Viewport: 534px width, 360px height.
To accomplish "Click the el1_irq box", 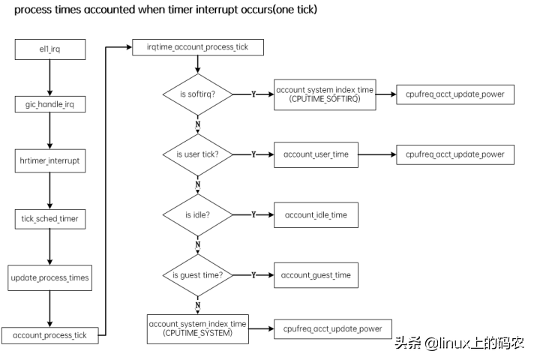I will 49,50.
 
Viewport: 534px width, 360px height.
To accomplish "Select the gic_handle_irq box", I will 49,105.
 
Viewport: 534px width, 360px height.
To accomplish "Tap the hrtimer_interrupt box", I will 49,160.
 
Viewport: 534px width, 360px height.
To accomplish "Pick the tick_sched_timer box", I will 49,218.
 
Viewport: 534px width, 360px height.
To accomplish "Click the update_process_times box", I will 49,277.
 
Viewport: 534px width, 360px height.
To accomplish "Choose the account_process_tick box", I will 49,335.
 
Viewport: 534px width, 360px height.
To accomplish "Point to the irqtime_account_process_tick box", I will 198,47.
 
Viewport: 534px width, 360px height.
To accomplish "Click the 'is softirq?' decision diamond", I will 197,94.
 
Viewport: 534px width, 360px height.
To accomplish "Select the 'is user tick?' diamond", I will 197,154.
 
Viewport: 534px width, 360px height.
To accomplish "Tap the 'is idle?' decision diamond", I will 197,214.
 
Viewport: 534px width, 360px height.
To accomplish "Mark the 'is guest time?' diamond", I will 197,274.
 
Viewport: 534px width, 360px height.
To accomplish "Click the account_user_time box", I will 315,154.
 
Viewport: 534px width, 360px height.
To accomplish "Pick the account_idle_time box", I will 316,214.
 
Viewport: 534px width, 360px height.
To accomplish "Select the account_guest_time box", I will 316,275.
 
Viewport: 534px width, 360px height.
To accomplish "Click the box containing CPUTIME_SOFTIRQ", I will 325,94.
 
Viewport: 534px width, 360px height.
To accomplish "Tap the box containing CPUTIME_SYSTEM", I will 199,328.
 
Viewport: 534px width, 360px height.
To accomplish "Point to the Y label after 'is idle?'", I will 253,214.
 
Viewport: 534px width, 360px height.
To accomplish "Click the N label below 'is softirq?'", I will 197,123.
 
